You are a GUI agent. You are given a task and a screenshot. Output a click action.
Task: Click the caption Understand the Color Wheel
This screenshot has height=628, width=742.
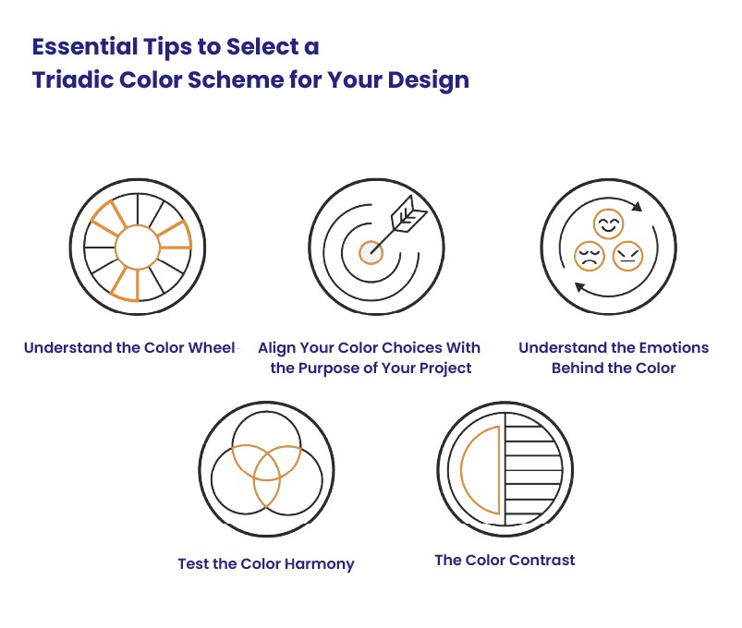[129, 348]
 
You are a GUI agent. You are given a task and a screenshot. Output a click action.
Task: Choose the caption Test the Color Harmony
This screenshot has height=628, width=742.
[266, 563]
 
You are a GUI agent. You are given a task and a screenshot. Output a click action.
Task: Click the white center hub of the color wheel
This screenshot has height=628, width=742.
[138, 248]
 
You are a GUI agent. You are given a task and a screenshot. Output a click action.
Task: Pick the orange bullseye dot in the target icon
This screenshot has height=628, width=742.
[371, 249]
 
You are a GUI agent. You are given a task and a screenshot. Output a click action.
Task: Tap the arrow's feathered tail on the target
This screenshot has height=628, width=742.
[410, 218]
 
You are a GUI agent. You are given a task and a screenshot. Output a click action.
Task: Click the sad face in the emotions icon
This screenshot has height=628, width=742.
[589, 256]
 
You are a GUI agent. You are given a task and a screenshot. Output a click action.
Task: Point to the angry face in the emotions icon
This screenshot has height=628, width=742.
[626, 255]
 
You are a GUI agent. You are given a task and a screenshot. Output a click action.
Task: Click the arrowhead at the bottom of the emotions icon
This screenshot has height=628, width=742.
[578, 287]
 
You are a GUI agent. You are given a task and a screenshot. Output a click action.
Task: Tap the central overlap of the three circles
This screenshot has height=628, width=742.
[266, 466]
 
